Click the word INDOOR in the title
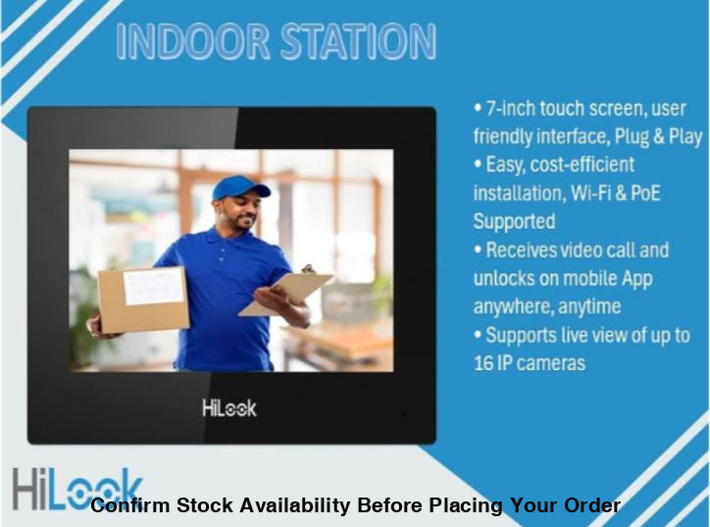(x=186, y=41)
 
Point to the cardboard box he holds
(x=143, y=298)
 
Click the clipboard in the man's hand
(x=286, y=292)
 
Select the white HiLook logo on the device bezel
(x=229, y=407)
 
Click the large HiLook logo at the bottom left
(x=74, y=489)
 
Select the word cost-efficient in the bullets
(x=583, y=165)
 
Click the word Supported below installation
(x=514, y=221)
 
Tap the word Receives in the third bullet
(x=531, y=250)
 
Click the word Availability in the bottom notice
(x=288, y=506)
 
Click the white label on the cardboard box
(x=152, y=286)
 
